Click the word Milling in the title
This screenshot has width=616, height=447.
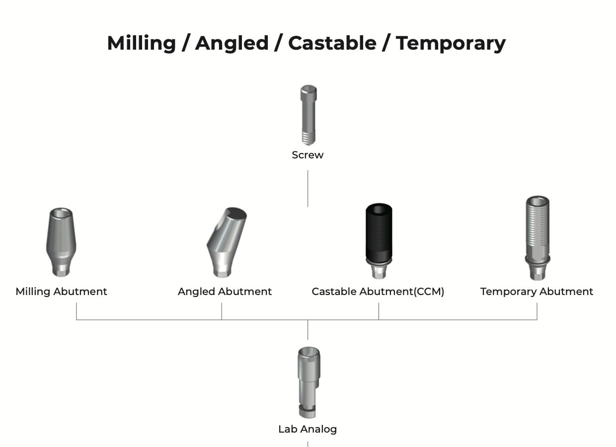(x=142, y=43)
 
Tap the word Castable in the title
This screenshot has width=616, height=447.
(x=332, y=43)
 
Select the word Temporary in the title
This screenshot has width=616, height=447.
(x=451, y=43)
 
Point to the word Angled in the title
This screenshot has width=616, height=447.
(x=231, y=43)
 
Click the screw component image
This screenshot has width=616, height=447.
(x=308, y=115)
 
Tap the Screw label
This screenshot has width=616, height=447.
(x=308, y=155)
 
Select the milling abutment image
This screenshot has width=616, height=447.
(x=62, y=241)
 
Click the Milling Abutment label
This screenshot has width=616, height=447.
(x=61, y=292)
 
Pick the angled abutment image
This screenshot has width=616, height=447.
(x=225, y=242)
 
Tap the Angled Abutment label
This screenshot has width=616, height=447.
(x=225, y=292)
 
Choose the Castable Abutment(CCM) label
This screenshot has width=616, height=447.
(x=378, y=292)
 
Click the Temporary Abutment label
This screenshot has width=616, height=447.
(x=537, y=292)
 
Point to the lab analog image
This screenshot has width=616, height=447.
(x=308, y=382)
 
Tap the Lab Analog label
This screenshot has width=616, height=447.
(x=308, y=429)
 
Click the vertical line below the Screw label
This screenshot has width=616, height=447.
(x=308, y=188)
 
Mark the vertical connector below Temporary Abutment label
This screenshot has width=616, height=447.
(x=537, y=311)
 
